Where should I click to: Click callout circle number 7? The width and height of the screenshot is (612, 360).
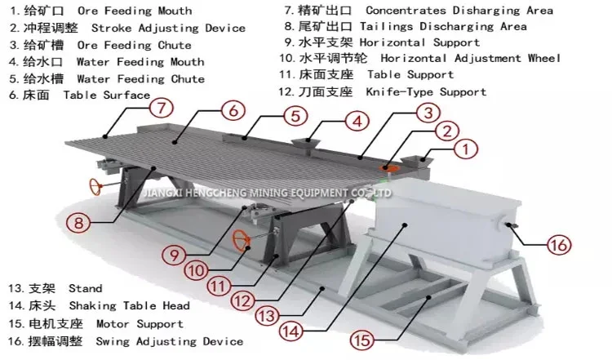pyautogui.click(x=162, y=107)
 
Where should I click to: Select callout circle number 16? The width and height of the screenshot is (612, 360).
pyautogui.click(x=559, y=244)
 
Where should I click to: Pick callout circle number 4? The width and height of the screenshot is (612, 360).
pyautogui.click(x=355, y=122)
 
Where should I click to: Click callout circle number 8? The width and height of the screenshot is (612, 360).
pyautogui.click(x=78, y=221)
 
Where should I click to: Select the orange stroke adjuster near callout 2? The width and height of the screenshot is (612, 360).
pyautogui.click(x=393, y=168)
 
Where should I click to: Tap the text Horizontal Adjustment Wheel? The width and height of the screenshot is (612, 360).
pyautogui.click(x=470, y=59)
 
